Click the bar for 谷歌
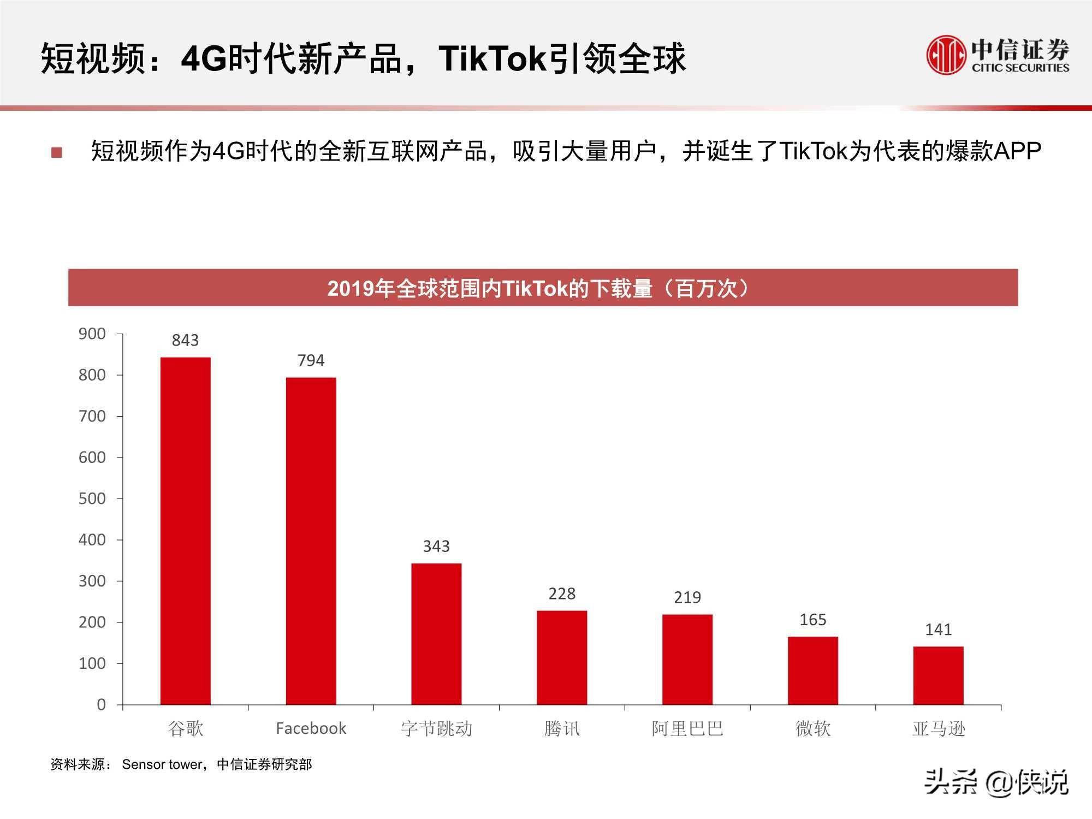[185, 531]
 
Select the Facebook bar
[311, 541]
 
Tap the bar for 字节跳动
[436, 633]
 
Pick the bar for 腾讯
[562, 657]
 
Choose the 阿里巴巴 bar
[687, 659]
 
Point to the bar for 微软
[812, 670]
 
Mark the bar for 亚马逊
[938, 675]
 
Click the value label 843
[185, 340]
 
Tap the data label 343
[436, 546]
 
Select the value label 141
[938, 630]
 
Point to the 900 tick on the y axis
[92, 334]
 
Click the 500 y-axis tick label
[92, 498]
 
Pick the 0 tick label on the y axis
[101, 704]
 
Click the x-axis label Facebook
[311, 728]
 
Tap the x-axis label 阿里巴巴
[687, 728]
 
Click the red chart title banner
[543, 287]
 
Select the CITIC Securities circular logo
[945, 55]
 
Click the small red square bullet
[57, 152]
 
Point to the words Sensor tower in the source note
[162, 764]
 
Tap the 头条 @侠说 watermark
[996, 783]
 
